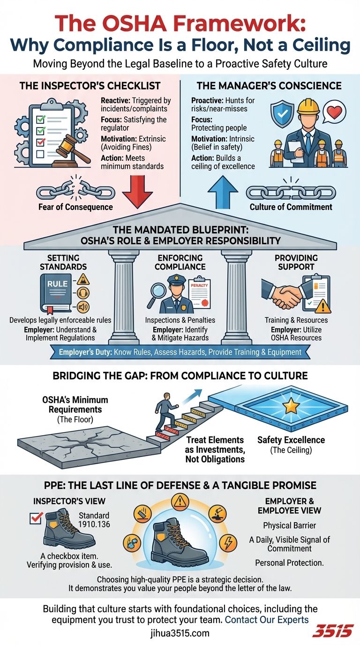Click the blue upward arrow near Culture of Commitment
pos(223,192)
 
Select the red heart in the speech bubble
pos(334,112)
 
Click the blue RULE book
pos(56,293)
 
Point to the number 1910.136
pos(94,524)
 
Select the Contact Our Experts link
pos(267,619)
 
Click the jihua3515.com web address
pos(180,633)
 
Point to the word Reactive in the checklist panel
pos(115,100)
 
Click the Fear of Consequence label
pos(76,207)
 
